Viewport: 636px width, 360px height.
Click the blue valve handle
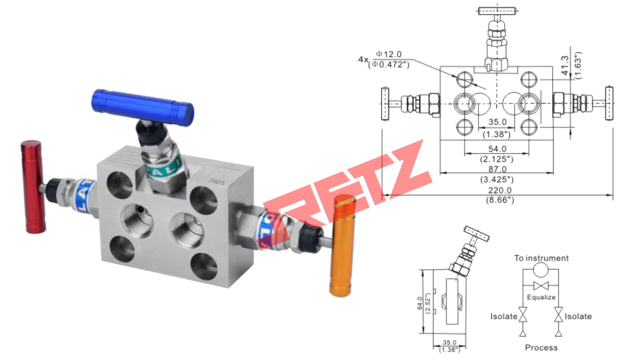[142, 105]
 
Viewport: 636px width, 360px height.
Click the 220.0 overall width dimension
[499, 190]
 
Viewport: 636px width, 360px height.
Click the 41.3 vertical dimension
[565, 62]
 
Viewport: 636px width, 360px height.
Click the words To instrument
[541, 258]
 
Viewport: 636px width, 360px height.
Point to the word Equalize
[541, 297]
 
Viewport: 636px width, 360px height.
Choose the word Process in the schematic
[541, 348]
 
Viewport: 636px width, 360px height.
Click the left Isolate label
[504, 316]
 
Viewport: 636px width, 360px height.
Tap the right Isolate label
[578, 316]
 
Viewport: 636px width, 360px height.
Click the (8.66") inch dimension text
[499, 199]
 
